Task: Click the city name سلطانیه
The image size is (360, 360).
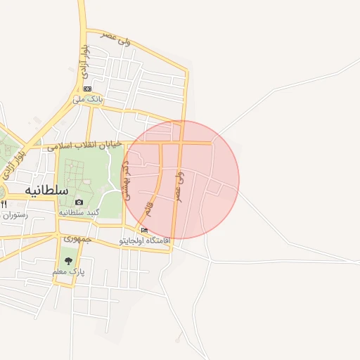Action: coord(46,190)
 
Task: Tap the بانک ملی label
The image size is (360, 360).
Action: coord(88,100)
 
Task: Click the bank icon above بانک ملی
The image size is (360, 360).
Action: coord(87,89)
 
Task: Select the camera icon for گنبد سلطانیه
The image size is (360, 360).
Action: coord(79,202)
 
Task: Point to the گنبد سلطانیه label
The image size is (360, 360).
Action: coord(79,212)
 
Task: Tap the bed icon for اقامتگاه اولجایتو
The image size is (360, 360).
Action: coord(145,230)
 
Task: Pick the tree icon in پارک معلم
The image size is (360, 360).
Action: coord(68,261)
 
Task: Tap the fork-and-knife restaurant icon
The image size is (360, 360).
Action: coord(4,204)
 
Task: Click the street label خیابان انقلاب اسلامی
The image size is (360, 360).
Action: coord(84,146)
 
